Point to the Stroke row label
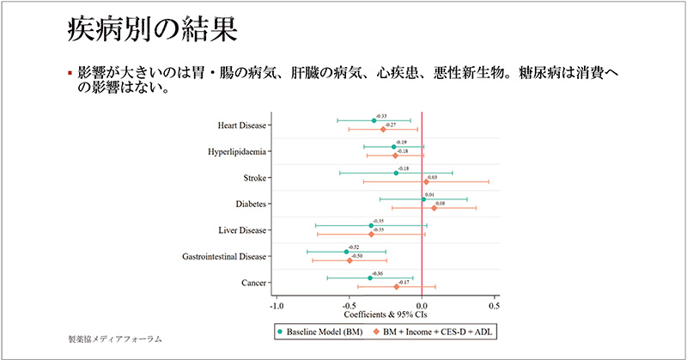(252, 178)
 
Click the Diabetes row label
(247, 204)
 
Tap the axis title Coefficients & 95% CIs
(385, 314)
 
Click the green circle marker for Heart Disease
(374, 120)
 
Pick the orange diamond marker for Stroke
(426, 181)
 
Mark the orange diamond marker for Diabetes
(434, 208)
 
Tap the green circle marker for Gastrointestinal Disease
(346, 252)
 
